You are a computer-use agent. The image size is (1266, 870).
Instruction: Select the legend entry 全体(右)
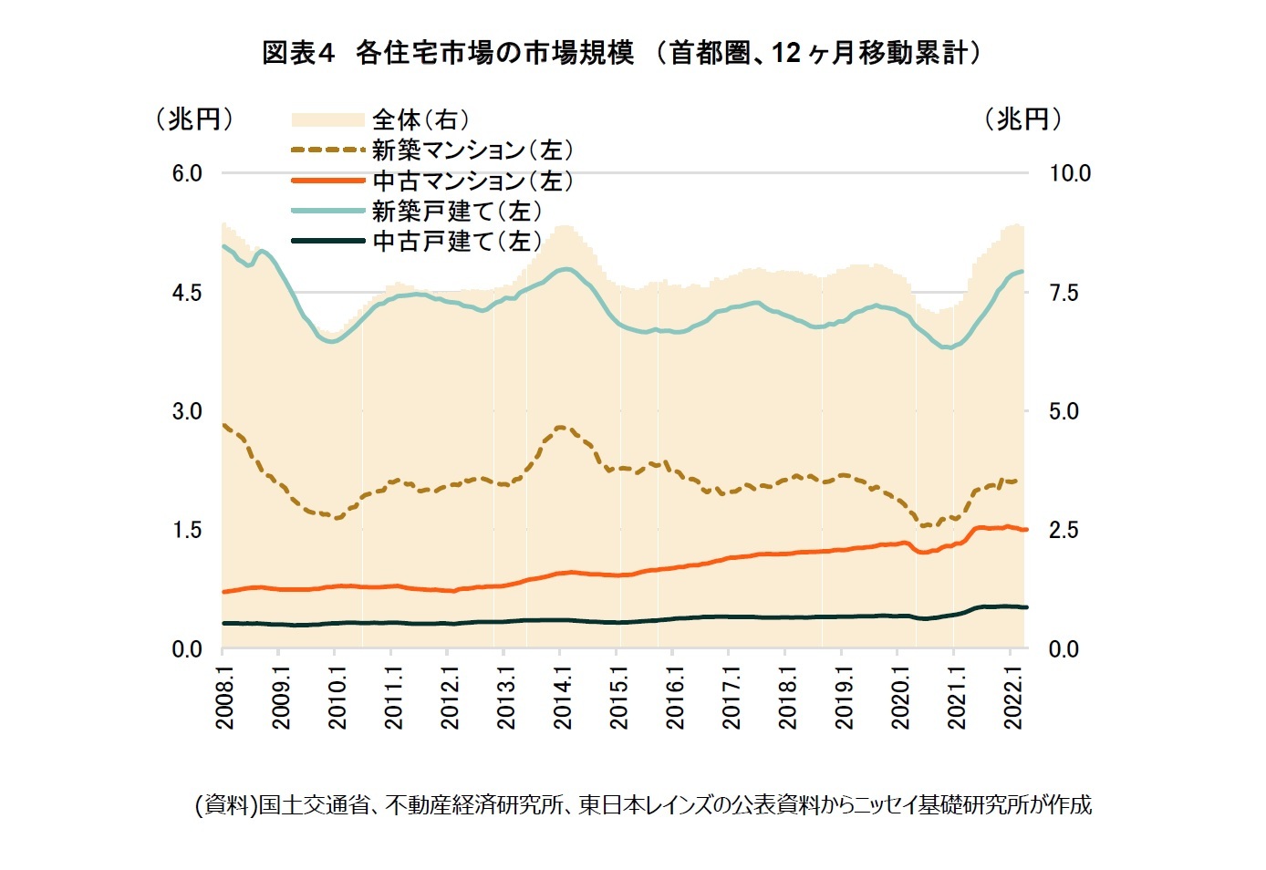coord(420,119)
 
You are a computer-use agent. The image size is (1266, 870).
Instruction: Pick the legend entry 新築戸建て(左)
coord(456,211)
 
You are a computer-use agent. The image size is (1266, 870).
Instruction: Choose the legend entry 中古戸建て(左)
coord(456,242)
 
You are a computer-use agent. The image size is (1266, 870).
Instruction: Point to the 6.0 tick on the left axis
coord(187,173)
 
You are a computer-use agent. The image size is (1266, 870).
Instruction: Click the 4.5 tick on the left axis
coord(187,293)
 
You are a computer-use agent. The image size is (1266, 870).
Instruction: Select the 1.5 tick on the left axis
coord(187,530)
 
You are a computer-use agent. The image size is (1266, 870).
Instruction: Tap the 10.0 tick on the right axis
coord(1069,173)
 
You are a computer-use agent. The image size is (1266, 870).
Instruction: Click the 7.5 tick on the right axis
coord(1064,293)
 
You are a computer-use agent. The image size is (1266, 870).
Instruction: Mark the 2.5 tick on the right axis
coord(1064,530)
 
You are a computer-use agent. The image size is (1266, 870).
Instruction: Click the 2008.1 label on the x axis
coord(224,697)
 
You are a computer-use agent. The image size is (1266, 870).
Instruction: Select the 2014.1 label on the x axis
coord(562,697)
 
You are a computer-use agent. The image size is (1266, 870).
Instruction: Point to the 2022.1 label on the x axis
coord(1012,697)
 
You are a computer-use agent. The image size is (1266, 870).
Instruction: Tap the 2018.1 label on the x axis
coord(787,697)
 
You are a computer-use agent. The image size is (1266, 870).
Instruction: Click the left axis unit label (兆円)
coord(194,119)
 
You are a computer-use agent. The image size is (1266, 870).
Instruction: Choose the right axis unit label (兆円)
coord(1022,119)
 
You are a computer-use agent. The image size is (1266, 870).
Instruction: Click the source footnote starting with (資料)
coord(643,804)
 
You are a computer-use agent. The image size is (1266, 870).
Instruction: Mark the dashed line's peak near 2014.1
coord(561,427)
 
